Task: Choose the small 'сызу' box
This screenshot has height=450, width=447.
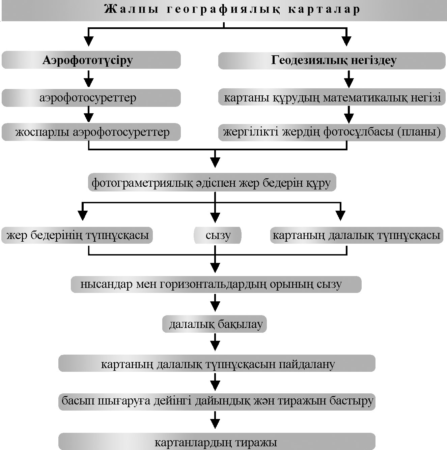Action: click(218, 235)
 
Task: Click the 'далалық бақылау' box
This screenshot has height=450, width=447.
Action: click(215, 324)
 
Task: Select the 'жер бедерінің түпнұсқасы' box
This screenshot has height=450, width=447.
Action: click(77, 235)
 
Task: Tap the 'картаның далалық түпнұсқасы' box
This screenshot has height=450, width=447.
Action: click(356, 235)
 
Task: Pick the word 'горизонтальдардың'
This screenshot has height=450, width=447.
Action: click(213, 284)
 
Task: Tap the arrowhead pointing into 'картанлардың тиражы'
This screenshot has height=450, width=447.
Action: click(215, 423)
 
